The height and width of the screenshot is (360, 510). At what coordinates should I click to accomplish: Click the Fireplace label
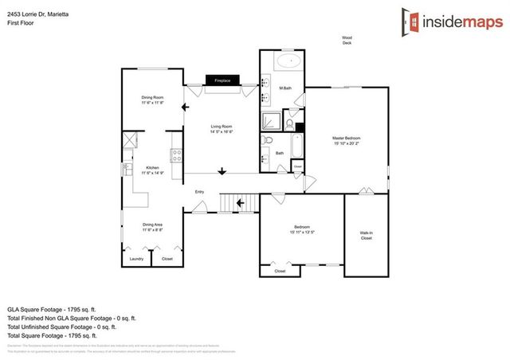(x=222, y=80)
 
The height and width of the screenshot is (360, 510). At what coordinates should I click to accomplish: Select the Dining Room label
(x=152, y=98)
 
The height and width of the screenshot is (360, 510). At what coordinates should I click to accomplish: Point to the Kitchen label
(x=152, y=167)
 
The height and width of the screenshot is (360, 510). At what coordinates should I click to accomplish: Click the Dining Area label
(x=152, y=225)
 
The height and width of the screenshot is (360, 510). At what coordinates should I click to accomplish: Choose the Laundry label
(x=136, y=259)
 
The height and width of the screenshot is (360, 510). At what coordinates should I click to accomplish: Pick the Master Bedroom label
(x=347, y=139)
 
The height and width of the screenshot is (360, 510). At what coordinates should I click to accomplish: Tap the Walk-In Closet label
(x=366, y=234)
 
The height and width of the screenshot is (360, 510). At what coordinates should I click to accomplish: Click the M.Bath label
(x=284, y=88)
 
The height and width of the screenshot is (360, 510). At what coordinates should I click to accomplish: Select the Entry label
(x=200, y=192)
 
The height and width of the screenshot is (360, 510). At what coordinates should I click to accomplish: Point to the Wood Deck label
(x=347, y=41)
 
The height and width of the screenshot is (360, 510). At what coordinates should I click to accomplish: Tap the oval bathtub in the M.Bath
(x=288, y=61)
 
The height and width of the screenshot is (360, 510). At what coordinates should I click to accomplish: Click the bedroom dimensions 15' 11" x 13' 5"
(x=301, y=233)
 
